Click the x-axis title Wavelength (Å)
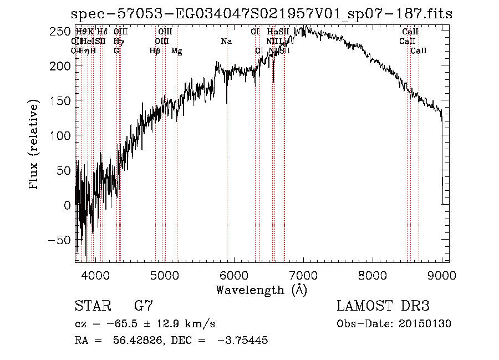point(261,290)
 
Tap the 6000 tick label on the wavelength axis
point(234,274)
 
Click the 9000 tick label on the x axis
point(442,274)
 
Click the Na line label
point(226,41)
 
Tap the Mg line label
point(176,51)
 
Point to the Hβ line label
point(155,51)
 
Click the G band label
point(116,51)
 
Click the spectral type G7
point(144,306)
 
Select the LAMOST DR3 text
point(383,306)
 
